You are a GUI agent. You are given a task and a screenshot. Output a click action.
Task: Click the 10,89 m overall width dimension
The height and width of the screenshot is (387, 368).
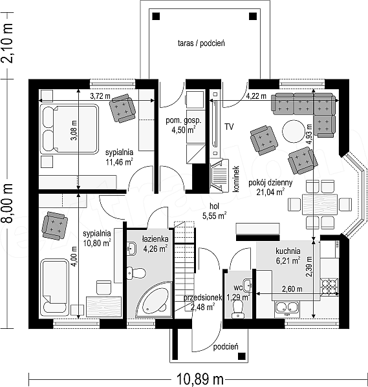tap(199, 379)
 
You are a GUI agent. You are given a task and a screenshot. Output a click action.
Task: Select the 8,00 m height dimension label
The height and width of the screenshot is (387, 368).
tap(7, 204)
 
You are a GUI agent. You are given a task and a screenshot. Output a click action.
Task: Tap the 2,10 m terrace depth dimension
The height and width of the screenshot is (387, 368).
tap(7, 43)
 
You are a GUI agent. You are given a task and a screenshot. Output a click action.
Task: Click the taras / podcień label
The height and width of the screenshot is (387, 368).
tap(201, 43)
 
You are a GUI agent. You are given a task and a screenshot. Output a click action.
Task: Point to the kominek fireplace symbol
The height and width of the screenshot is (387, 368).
tap(219, 176)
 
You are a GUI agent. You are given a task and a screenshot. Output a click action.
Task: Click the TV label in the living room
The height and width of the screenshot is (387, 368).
tap(229, 127)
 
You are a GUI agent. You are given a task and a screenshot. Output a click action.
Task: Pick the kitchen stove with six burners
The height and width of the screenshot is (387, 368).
tap(329, 287)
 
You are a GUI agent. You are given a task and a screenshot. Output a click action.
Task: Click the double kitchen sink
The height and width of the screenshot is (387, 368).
tap(287, 308)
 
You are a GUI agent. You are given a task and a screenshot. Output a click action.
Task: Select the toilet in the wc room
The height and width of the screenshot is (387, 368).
tap(237, 309)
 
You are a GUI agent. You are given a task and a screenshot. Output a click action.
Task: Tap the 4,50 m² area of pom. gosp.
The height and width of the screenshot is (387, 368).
tap(184, 130)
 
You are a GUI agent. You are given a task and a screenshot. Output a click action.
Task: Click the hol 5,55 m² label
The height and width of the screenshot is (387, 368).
tap(215, 211)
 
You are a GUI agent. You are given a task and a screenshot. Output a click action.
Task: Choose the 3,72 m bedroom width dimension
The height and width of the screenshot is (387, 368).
tap(96, 100)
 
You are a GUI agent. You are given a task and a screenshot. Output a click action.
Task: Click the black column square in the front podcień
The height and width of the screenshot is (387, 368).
tap(241, 356)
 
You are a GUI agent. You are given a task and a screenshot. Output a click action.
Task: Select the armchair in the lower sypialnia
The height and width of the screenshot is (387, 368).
tap(54, 225)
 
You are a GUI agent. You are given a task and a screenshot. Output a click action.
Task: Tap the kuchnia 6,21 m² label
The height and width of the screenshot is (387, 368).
tap(288, 256)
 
